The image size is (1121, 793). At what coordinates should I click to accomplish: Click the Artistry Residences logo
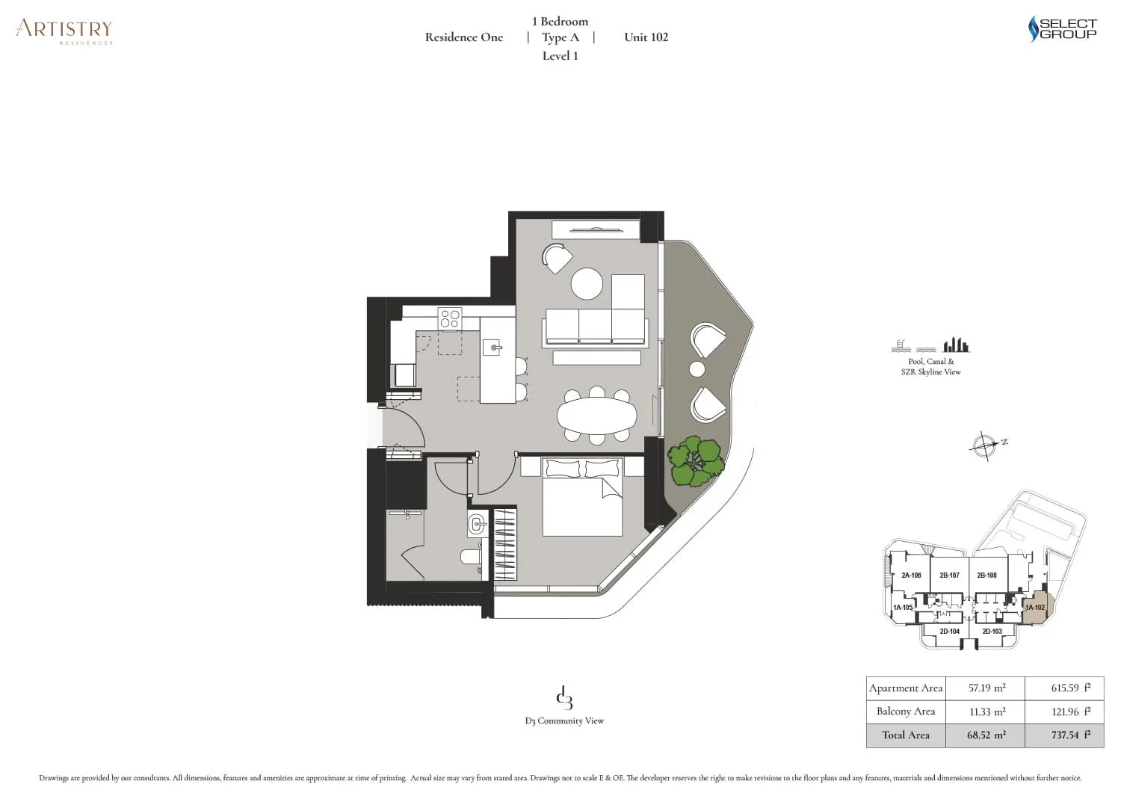point(64,31)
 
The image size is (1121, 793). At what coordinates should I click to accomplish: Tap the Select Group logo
point(1062,28)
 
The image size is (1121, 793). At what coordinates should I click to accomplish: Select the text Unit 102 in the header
point(646,37)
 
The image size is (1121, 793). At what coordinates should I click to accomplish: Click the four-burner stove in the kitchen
point(450,319)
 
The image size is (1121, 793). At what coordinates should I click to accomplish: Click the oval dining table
point(596,416)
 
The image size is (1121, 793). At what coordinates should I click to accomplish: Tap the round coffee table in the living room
point(587,283)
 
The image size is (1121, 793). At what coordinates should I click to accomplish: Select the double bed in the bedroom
point(582,496)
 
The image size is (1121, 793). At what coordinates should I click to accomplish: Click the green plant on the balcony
point(696,460)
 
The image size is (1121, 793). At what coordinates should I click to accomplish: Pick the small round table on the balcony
point(697,369)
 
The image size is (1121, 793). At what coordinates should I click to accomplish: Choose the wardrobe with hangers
point(505,545)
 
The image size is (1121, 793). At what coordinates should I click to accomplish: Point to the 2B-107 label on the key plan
point(949,576)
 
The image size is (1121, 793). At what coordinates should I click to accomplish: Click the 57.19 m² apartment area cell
point(986,688)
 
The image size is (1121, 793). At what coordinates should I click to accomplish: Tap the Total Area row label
point(905,735)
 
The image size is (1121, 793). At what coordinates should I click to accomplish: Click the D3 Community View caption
point(564,721)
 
